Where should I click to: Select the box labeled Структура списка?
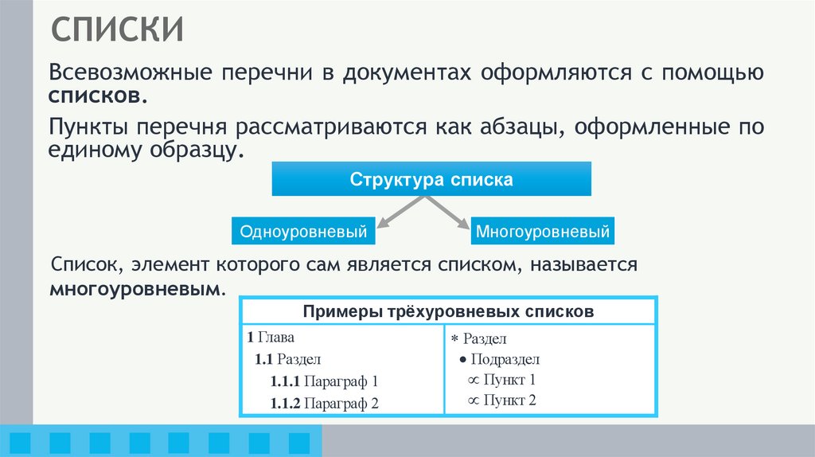point(431,179)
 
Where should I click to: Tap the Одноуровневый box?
point(303,232)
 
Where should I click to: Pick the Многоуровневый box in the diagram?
point(543,232)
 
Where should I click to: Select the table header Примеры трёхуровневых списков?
point(448,311)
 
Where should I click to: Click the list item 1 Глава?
point(271,337)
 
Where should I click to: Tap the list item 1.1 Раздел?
point(288,359)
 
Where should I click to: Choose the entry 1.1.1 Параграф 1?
point(324,381)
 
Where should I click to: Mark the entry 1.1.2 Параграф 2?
point(324,404)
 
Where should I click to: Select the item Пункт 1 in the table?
point(509,380)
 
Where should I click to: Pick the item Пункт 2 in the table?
point(509,400)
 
